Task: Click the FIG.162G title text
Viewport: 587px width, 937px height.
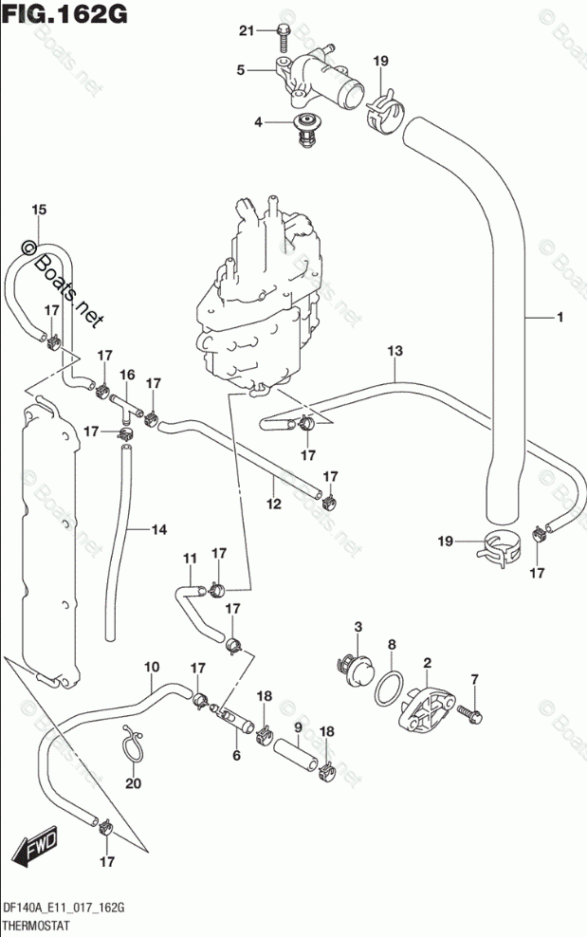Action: (x=65, y=12)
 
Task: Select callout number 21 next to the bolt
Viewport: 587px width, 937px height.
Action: (x=247, y=30)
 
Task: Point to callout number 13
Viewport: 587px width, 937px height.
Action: (x=395, y=351)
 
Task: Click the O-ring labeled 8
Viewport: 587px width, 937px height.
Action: (x=389, y=688)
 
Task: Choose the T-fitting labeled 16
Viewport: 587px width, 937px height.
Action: (x=126, y=405)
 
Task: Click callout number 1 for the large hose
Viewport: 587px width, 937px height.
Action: (x=559, y=318)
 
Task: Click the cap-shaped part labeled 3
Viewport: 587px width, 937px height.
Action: (x=358, y=668)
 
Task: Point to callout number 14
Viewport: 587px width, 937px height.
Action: (x=158, y=529)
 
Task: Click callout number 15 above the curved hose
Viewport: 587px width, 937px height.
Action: (x=39, y=210)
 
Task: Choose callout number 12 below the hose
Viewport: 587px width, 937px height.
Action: (x=273, y=505)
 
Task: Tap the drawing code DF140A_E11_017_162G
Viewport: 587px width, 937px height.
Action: (x=64, y=909)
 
